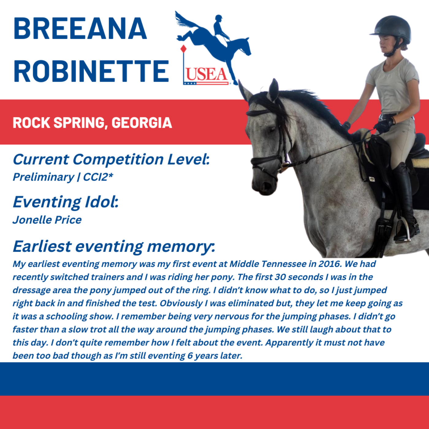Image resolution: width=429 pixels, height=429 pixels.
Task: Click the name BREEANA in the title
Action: click(x=80, y=28)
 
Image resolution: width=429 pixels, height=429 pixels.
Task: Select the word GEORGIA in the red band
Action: click(x=142, y=123)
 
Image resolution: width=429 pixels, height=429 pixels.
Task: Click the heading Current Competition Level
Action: click(x=111, y=159)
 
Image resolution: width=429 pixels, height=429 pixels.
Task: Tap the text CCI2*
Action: click(x=98, y=177)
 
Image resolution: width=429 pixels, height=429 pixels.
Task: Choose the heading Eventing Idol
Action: click(x=66, y=202)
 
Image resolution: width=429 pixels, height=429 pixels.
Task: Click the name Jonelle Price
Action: click(x=47, y=220)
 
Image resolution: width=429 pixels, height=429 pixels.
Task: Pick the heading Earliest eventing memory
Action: click(x=114, y=246)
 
